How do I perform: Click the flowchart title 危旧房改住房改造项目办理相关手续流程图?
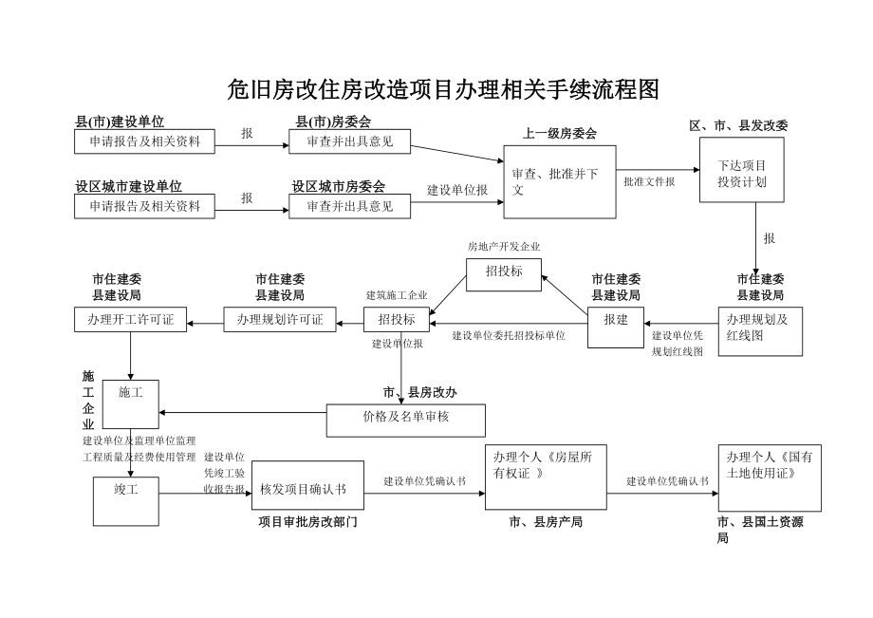pos(443,90)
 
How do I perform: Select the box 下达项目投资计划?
pos(742,170)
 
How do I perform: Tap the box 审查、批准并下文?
pos(559,181)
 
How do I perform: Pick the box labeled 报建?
pos(615,320)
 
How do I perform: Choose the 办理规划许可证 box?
pos(280,320)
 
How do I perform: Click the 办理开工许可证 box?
pos(131,320)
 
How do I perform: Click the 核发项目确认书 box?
pos(303,490)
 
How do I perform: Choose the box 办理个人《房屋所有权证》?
pos(545,477)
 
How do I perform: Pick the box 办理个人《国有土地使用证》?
pos(769,478)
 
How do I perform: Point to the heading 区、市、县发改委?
pos(738,125)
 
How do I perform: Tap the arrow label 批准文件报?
pos(649,181)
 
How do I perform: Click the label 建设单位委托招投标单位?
pos(509,336)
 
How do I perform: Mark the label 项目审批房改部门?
pos(308,522)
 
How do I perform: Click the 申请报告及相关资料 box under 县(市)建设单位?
pos(145,142)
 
